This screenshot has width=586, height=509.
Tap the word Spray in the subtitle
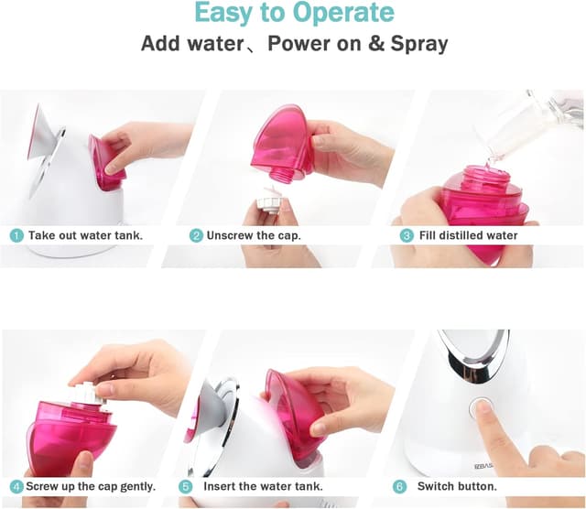tap(419, 44)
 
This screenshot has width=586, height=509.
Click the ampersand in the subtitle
tap(376, 43)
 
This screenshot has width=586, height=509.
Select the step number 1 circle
tap(16, 235)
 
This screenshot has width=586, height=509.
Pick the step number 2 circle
tap(196, 235)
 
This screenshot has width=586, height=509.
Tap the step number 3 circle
tap(407, 235)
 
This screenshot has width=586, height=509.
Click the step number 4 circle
tap(16, 487)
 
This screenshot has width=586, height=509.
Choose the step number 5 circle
tap(186, 487)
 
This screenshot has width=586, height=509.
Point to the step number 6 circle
tap(399, 487)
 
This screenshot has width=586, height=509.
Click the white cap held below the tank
tap(268, 200)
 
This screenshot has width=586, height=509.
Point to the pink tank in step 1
tap(106, 163)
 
